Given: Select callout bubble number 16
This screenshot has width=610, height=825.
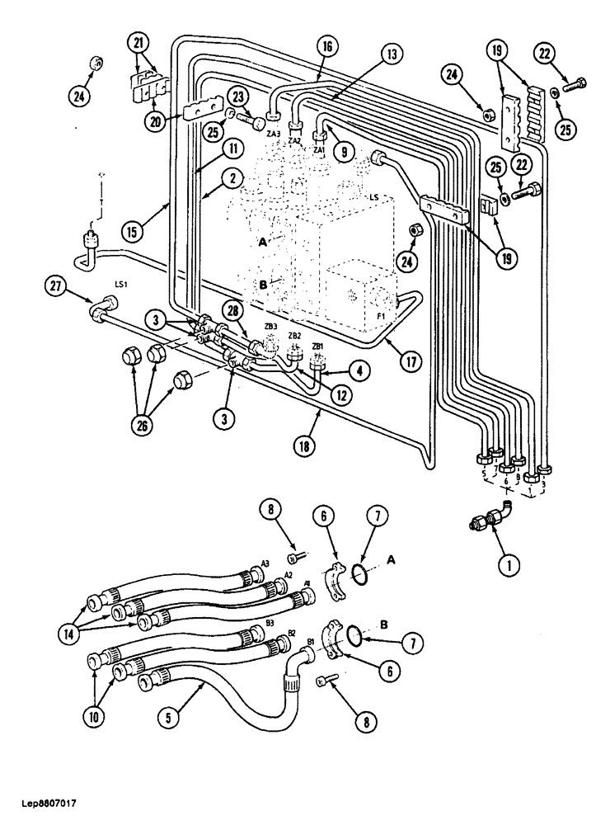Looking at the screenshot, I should point(326,47).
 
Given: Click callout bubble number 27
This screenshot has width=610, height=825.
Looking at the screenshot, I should point(56,286).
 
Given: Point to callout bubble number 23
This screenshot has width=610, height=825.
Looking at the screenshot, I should point(239,96).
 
